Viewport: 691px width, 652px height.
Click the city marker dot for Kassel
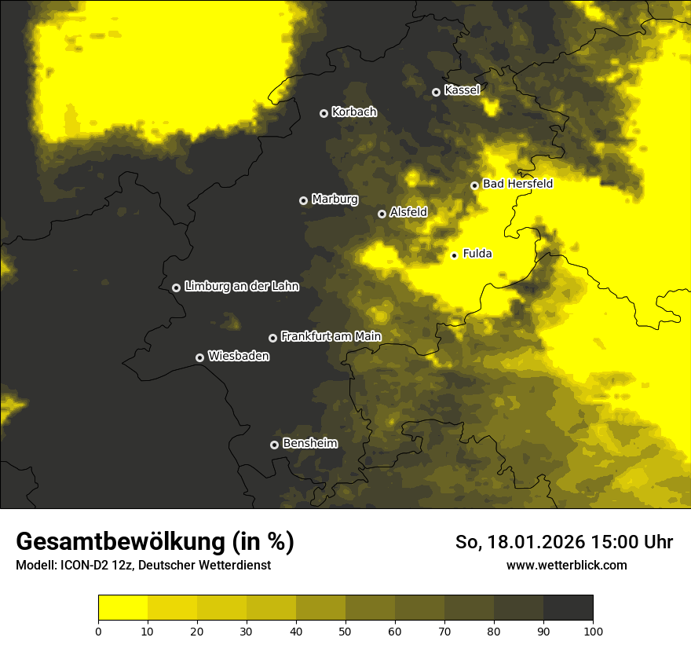[x=436, y=92]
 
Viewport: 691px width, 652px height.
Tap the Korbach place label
[x=354, y=112]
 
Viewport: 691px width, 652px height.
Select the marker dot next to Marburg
[x=303, y=200]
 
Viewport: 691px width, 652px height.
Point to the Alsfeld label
[x=408, y=212]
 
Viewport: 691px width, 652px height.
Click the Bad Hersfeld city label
[x=517, y=184]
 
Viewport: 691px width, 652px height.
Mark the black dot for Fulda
[x=454, y=255]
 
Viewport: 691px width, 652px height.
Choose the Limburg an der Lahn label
[x=242, y=287]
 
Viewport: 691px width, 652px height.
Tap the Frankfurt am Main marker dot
[x=272, y=338]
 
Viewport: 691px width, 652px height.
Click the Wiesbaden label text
[x=239, y=356]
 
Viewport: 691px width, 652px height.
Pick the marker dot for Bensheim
[x=274, y=445]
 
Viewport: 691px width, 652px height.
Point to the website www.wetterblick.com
[x=567, y=565]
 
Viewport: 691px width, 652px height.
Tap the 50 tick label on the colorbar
[x=345, y=631]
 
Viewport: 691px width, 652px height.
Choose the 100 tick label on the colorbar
[x=593, y=631]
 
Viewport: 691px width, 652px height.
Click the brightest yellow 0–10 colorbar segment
[x=122, y=608]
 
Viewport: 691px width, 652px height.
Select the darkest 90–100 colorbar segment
[x=568, y=608]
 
